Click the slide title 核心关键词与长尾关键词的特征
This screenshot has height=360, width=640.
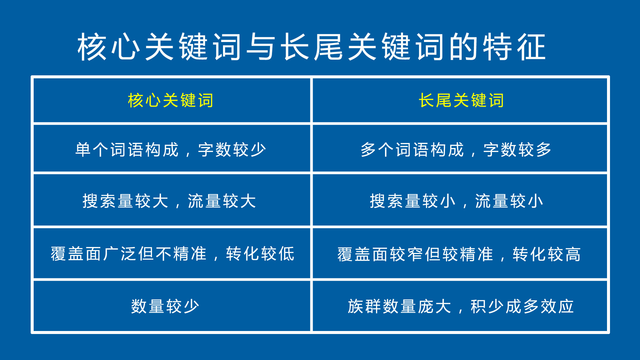312,47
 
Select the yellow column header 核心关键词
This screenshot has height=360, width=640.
170,100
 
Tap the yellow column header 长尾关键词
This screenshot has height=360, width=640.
461,100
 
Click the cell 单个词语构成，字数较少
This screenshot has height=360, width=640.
170,150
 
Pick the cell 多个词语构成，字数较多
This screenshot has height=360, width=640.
456,150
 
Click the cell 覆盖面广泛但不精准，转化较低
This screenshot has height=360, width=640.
172,254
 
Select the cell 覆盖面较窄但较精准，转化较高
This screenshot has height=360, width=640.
459,254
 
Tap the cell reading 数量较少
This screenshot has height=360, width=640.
165,306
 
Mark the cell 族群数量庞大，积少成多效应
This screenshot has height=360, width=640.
460,306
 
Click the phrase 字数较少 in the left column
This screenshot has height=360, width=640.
232,150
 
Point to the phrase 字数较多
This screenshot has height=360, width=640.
517,150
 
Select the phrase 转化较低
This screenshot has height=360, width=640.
260,254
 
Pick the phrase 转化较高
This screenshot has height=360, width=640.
547,254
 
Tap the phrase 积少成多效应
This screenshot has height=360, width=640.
522,306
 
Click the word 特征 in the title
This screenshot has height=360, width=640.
514,47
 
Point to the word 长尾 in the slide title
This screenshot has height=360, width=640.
312,47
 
